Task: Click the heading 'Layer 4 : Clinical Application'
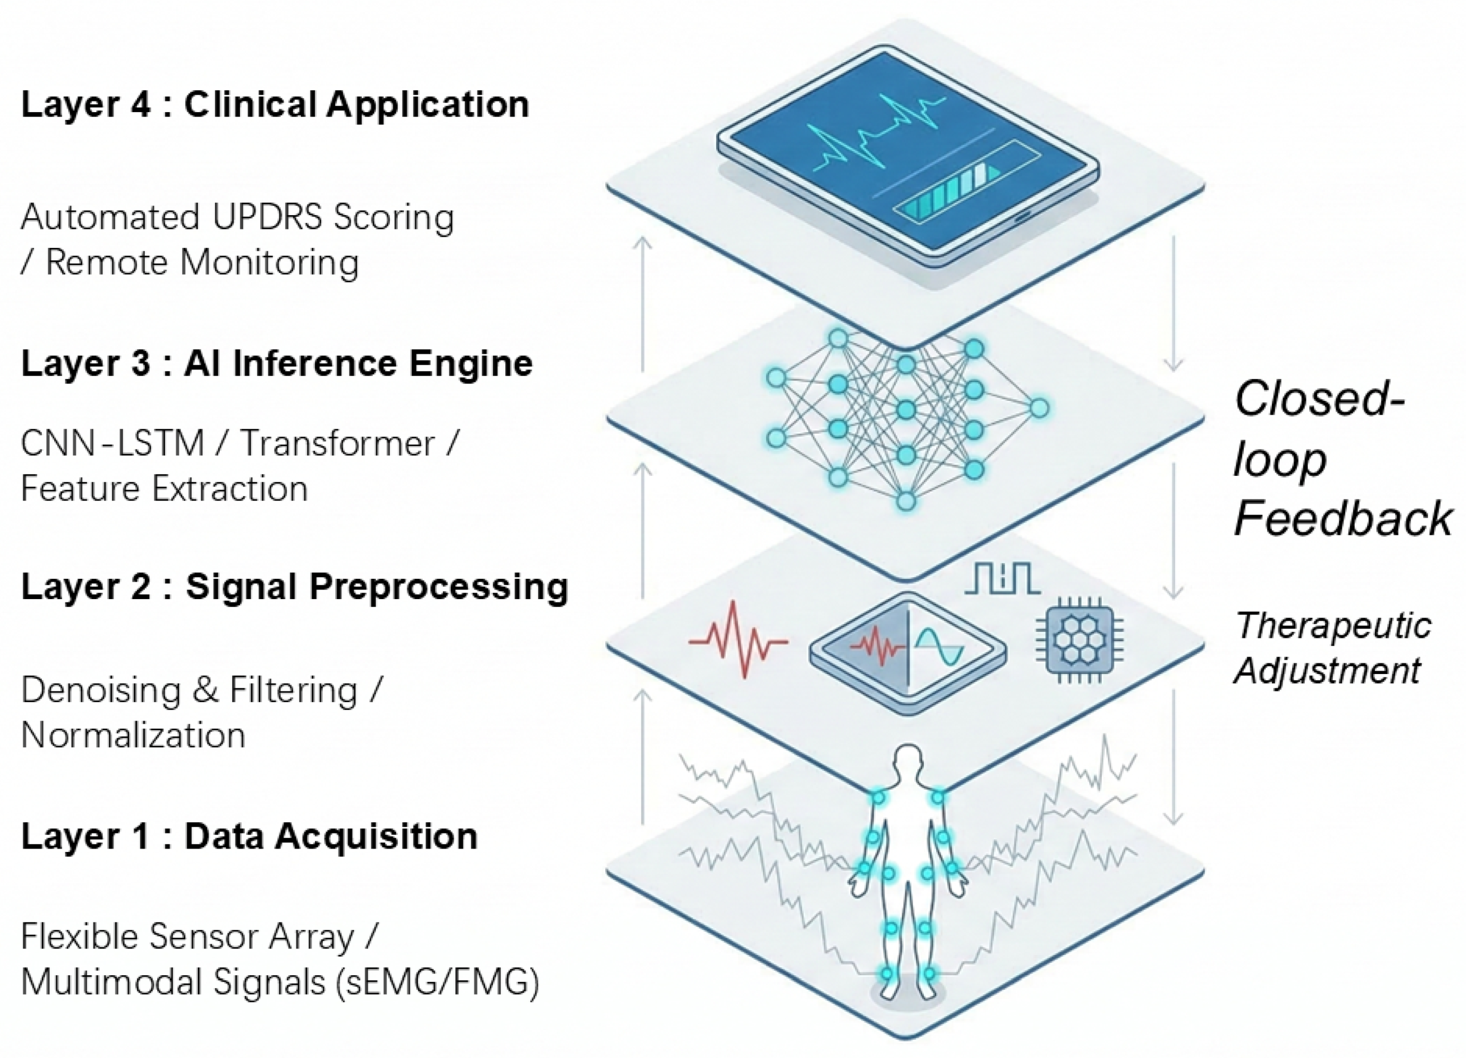(275, 105)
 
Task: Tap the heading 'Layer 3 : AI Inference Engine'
(277, 363)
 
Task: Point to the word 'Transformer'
(338, 444)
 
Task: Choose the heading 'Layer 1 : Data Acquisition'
(249, 836)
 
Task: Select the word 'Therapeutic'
(1333, 626)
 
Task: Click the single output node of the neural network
(1039, 408)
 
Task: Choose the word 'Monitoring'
(269, 263)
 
